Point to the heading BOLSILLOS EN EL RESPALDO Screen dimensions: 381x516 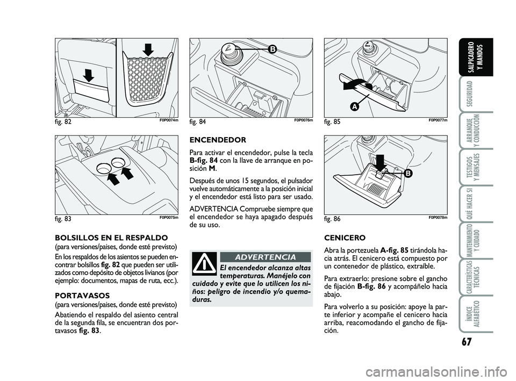[112, 237]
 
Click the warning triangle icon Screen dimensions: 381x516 [204, 264]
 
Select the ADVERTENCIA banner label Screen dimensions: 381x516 [265, 257]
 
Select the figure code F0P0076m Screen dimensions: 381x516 [303, 121]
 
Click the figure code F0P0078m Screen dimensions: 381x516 [438, 218]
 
